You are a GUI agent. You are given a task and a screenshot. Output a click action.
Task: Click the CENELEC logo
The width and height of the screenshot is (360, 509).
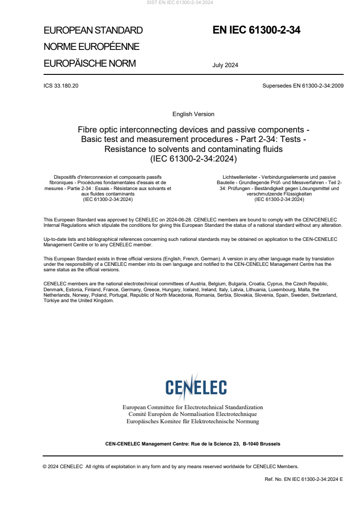pos(196,387)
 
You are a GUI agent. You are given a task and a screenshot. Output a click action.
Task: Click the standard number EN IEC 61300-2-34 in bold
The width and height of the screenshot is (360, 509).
pos(256,30)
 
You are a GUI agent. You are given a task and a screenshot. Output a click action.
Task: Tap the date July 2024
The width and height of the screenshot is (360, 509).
pos(225,65)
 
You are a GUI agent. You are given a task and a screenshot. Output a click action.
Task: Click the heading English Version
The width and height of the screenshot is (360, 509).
pos(193,114)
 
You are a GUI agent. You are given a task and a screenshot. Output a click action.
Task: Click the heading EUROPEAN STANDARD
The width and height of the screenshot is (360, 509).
pos(93,30)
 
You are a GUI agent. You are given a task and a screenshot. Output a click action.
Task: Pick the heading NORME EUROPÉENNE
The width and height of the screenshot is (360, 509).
pos(91,47)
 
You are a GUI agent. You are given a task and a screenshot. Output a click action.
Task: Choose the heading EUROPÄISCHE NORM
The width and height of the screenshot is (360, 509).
pos(89,64)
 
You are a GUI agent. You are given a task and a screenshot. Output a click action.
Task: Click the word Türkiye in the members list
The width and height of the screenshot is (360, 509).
pos(52,300)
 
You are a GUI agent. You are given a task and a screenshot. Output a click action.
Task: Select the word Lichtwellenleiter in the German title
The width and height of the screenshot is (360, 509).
pos(239,176)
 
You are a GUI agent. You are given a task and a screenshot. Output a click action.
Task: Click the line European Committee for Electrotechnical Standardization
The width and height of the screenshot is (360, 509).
pos(192,407)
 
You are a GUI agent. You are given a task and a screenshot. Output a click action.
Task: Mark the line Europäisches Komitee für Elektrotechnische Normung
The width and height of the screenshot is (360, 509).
pos(192,421)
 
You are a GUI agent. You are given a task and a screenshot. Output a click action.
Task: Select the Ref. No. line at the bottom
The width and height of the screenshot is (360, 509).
pos(304,479)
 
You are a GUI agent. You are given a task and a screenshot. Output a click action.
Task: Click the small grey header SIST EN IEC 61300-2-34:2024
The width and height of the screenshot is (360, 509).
pos(180,3)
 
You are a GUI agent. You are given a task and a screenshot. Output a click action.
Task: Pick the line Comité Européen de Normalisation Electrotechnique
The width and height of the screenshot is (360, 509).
pos(192,414)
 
